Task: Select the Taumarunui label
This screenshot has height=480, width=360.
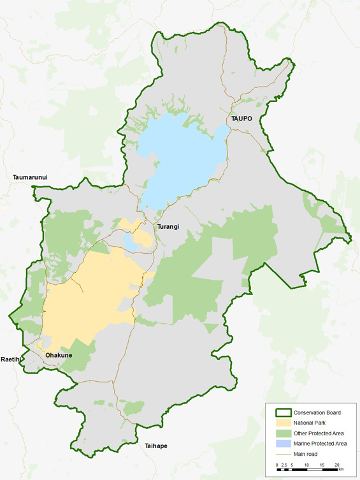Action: pyautogui.click(x=30, y=177)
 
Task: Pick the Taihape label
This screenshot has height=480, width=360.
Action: pyautogui.click(x=155, y=446)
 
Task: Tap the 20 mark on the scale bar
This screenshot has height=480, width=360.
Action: pyautogui.click(x=336, y=465)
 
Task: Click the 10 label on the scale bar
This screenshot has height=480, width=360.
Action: pyautogui.click(x=306, y=465)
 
